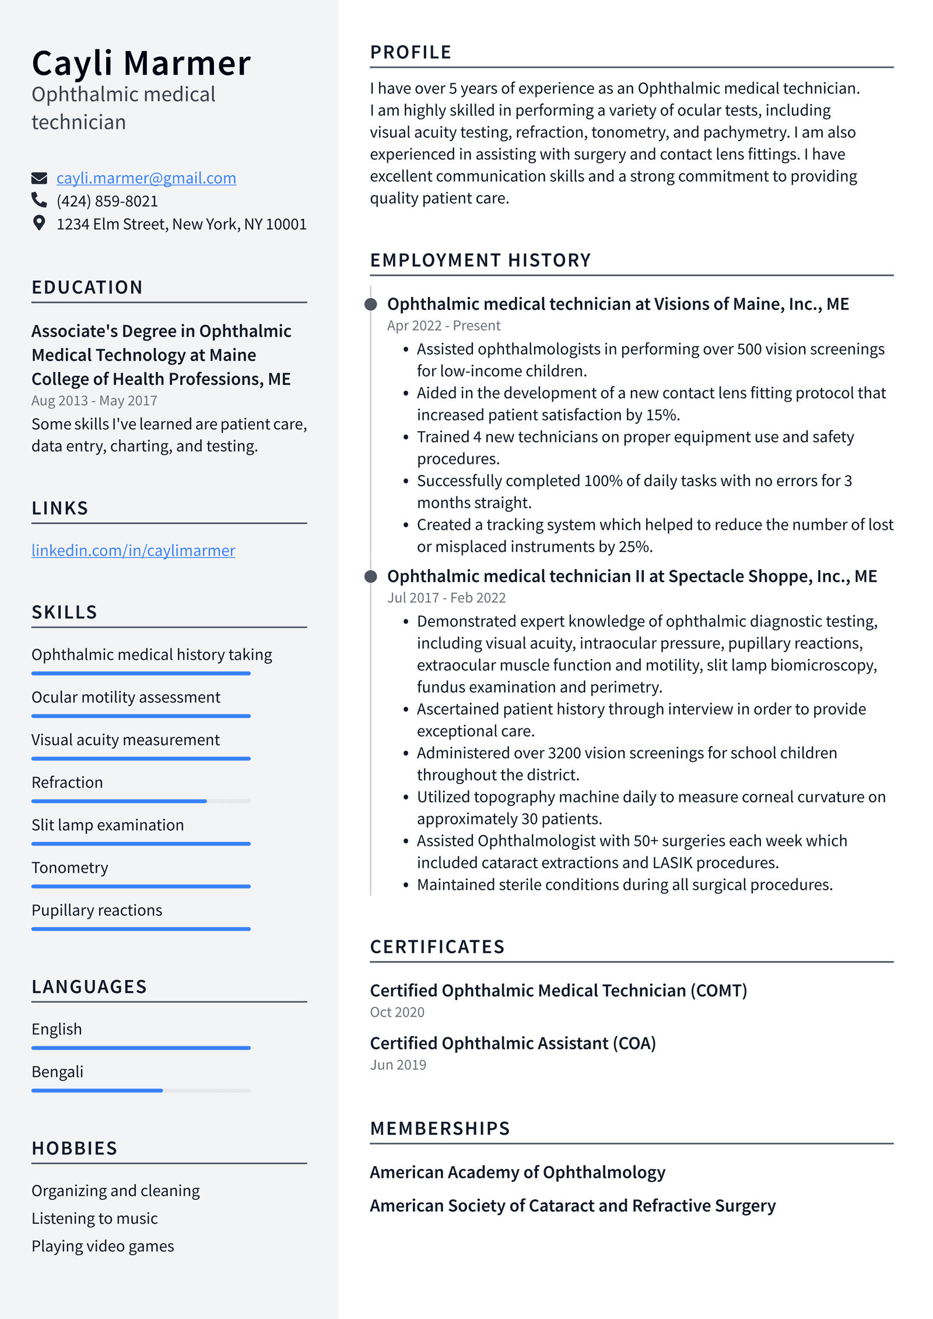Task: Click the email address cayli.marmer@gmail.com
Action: pos(146,178)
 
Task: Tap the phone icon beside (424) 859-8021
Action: pos(39,200)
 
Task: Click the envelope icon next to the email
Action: pos(39,178)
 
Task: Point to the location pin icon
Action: pos(39,223)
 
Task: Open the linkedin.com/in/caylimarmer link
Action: pos(133,550)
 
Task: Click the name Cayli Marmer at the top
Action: pos(141,63)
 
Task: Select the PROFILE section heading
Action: pos(411,53)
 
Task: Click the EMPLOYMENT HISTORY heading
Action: pos(480,260)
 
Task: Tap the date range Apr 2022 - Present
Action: pos(443,326)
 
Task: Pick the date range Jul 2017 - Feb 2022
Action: pos(446,597)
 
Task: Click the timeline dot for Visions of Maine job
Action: pos(370,304)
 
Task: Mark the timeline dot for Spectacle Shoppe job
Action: pos(370,576)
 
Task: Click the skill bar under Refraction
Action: pos(141,801)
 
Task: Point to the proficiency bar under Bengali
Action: pos(141,1090)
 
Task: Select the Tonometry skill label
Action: pos(70,867)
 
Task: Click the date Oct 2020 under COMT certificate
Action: pos(397,1012)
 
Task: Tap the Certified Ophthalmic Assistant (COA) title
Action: pos(513,1043)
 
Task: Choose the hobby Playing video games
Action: pos(103,1246)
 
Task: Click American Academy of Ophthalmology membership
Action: pos(517,1172)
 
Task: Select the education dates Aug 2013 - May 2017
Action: pos(94,401)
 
